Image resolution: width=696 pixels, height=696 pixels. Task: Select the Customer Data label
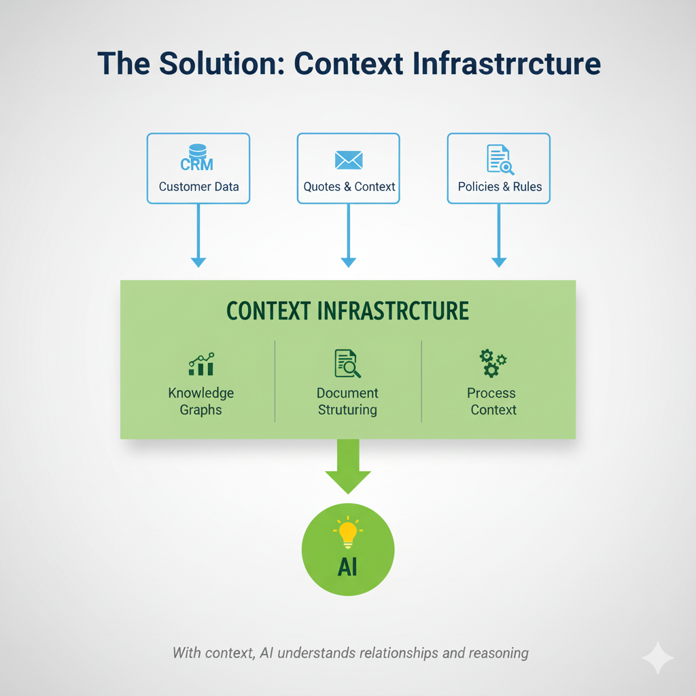point(198,186)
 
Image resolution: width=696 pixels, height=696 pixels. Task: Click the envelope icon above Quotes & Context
point(349,160)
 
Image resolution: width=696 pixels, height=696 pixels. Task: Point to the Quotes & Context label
point(349,186)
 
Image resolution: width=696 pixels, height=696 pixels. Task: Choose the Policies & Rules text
point(500,186)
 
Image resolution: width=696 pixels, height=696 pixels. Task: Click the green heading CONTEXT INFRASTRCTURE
point(347,311)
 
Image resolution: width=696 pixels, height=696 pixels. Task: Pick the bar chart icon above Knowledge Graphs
point(201,365)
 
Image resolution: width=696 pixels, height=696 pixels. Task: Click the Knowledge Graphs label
point(201,401)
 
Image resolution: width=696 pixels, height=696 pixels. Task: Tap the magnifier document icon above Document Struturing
point(347,364)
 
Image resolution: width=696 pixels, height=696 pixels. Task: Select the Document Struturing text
point(347,401)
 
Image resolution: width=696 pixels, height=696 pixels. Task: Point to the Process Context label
point(493,401)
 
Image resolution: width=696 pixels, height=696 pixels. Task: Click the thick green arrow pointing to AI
point(348,466)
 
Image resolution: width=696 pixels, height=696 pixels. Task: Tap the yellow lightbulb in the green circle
point(347,533)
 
